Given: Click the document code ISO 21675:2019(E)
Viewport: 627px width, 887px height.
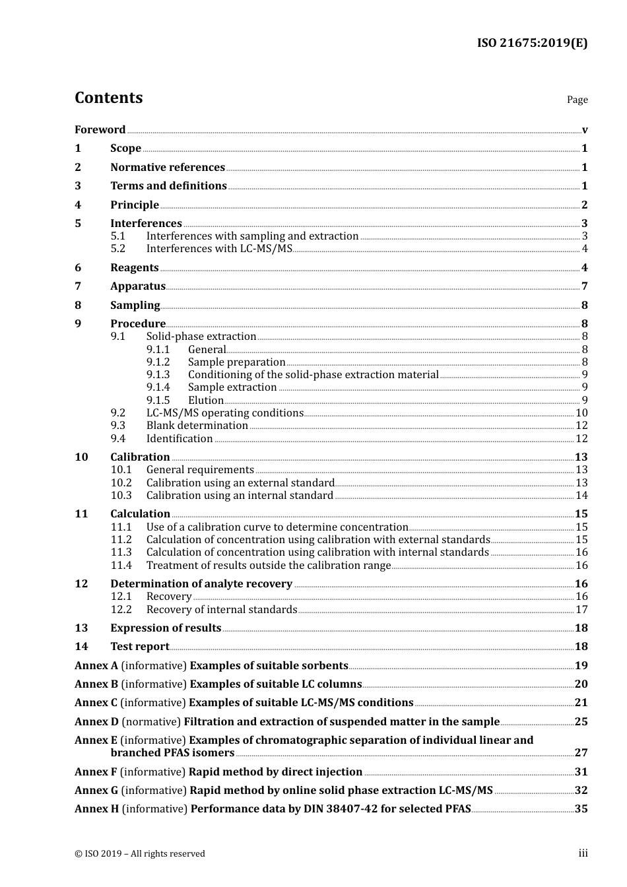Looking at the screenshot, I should [532, 43].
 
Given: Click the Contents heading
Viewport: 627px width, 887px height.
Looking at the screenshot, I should [108, 98].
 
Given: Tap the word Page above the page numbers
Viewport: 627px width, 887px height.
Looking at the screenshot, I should [577, 100].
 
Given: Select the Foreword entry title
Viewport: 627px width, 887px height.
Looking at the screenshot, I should [100, 130].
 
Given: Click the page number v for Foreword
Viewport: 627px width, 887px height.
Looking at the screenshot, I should [585, 130].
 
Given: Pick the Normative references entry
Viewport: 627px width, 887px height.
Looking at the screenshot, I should [168, 168].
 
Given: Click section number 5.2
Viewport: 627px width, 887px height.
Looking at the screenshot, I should [118, 249].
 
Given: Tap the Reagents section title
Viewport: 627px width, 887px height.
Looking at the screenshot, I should [135, 268].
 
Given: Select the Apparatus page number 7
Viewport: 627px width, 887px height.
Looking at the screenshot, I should [585, 286].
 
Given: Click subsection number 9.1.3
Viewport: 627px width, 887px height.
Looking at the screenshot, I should [158, 375].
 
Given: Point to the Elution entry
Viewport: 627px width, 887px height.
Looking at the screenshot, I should [206, 401].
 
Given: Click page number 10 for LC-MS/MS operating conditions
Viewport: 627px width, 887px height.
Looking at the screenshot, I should [581, 413].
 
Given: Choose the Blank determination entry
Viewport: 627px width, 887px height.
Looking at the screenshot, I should [197, 426].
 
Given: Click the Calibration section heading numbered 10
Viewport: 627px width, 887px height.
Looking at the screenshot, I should [140, 457].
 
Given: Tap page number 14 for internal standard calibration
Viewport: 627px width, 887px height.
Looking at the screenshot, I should [581, 496].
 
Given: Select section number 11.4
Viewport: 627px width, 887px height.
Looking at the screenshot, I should [121, 566].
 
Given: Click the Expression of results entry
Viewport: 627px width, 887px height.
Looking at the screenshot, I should [166, 628].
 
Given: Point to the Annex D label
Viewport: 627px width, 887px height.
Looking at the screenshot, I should [96, 722].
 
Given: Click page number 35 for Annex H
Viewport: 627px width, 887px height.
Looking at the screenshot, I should [581, 809].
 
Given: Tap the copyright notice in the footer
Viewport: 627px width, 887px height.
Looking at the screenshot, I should [140, 854].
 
